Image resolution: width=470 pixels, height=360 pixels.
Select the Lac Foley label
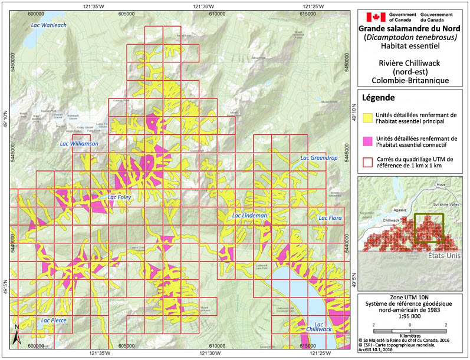pos(119,197)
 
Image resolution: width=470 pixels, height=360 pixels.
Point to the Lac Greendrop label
pos(318,158)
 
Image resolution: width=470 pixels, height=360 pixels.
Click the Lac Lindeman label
pos(250,216)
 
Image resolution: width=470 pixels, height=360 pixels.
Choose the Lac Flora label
pos(330,218)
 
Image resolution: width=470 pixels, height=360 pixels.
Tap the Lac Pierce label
pos(54,321)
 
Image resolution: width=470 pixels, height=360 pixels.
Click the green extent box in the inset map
pos(429,228)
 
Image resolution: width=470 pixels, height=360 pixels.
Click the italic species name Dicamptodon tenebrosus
pos(410,37)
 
